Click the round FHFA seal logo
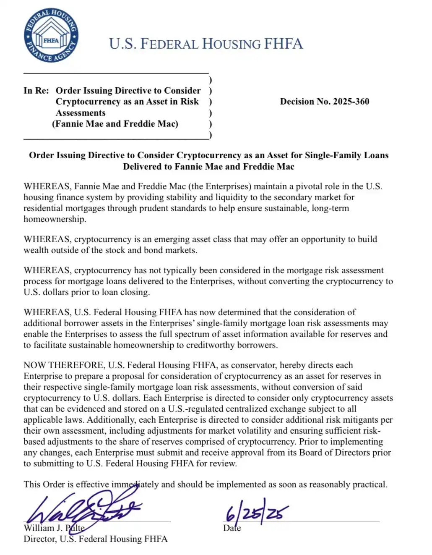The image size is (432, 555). tap(51, 36)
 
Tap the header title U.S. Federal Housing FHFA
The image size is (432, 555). tap(206, 44)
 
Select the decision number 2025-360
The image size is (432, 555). tap(324, 102)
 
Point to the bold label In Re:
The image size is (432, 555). tap(36, 91)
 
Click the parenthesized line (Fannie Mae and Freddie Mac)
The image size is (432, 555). tap(115, 124)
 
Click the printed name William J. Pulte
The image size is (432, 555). tap(54, 528)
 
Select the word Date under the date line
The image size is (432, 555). tap(232, 528)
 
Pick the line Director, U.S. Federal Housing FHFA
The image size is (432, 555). tap(95, 539)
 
